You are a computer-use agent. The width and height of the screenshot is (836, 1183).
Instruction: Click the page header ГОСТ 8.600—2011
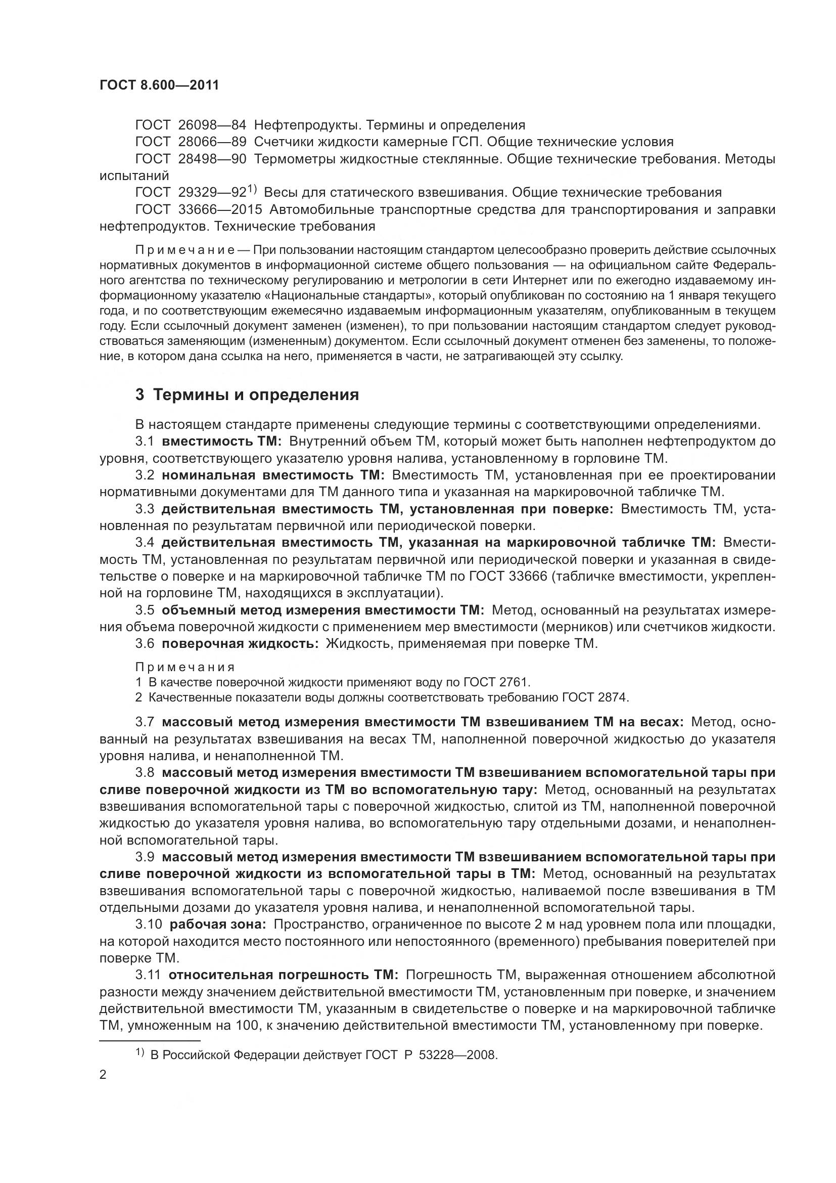tap(159, 85)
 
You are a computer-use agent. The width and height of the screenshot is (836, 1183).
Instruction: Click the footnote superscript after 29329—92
tap(252, 189)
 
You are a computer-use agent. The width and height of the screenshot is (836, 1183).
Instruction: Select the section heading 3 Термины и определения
tap(247, 395)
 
